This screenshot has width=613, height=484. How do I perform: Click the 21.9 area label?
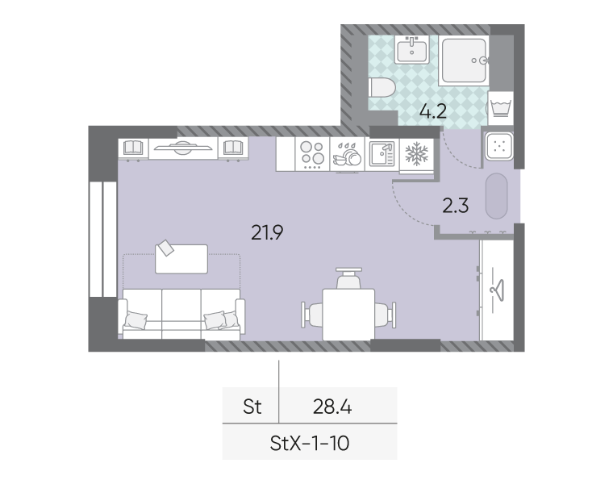click(x=267, y=233)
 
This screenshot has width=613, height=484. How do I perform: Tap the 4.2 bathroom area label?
click(x=433, y=111)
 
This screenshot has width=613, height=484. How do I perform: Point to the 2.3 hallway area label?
click(x=456, y=206)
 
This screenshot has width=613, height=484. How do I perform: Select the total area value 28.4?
click(x=332, y=407)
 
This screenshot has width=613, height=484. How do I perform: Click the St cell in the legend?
click(x=252, y=407)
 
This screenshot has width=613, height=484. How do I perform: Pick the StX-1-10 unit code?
click(x=309, y=444)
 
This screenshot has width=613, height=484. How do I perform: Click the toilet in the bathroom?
click(x=382, y=88)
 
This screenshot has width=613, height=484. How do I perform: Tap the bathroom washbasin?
click(x=411, y=49)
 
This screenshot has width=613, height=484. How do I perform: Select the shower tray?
click(x=464, y=60)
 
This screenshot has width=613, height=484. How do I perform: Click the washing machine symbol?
click(x=500, y=108)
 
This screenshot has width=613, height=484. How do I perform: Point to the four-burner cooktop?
click(x=312, y=154)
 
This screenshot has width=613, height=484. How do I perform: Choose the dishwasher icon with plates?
click(x=347, y=154)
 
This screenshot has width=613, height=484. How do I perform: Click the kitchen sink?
click(x=382, y=154)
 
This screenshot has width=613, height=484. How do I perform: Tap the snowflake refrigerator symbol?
click(x=417, y=153)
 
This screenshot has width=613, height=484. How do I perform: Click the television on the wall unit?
click(x=183, y=148)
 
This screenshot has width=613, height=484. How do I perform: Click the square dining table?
click(x=348, y=315)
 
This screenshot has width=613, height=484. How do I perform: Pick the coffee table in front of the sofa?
click(x=181, y=259)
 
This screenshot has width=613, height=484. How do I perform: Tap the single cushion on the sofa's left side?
click(x=136, y=319)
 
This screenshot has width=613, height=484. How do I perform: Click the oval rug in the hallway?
click(x=497, y=196)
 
